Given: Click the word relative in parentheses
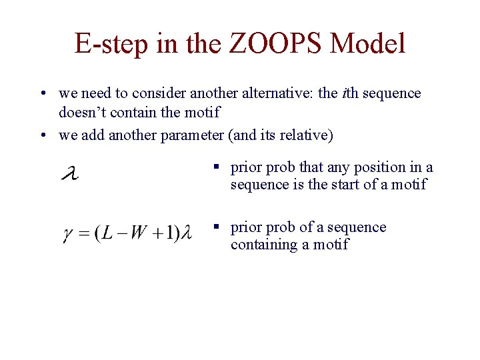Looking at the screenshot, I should point(307,135).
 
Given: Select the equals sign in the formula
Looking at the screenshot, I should point(85,233).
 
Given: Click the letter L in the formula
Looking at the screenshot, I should point(107,233).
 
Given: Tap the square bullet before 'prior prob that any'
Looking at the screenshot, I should point(217,168).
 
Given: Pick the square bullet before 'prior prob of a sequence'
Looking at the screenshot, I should point(217,228).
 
